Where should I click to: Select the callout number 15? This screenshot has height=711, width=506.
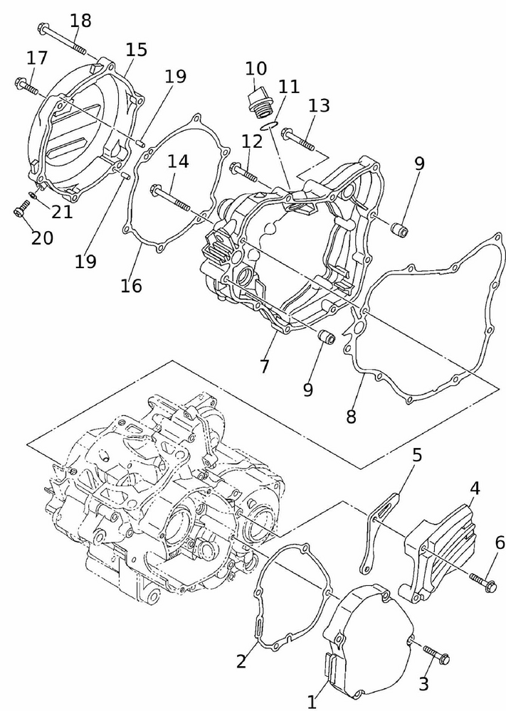136,49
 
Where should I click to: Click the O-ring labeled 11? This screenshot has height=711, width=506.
268,126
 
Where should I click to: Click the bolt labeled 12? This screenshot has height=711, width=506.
246,171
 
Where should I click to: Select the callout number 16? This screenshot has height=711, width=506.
131,286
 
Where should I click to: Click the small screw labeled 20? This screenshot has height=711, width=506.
21,210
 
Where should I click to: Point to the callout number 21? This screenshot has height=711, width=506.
62,211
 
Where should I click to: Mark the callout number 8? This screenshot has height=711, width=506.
351,417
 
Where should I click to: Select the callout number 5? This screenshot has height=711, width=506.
418,454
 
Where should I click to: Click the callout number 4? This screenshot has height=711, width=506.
474,488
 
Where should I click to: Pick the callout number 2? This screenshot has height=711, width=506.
241,661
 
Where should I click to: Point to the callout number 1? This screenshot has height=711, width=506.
311,702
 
